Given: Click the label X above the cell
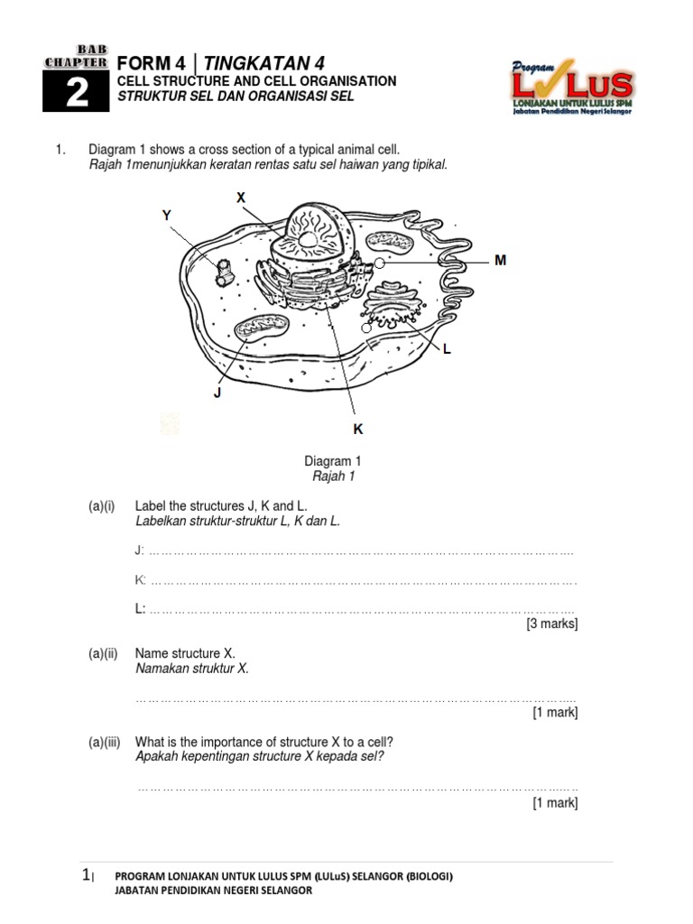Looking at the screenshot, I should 241,197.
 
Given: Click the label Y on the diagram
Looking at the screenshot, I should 167,214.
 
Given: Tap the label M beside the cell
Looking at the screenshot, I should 500,260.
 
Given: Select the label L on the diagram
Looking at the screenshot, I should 446,349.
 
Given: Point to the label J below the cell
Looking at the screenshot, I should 217,393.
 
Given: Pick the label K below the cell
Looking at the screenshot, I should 357,430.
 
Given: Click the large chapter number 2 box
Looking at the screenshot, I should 77,93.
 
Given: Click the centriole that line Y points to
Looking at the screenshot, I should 222,272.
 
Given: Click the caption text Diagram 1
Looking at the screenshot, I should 332,461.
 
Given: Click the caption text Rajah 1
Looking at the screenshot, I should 332,476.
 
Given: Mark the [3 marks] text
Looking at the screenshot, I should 551,624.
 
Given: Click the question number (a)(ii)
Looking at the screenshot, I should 103,653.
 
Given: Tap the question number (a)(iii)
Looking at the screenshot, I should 105,742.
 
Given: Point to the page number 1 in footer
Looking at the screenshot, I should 86,874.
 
